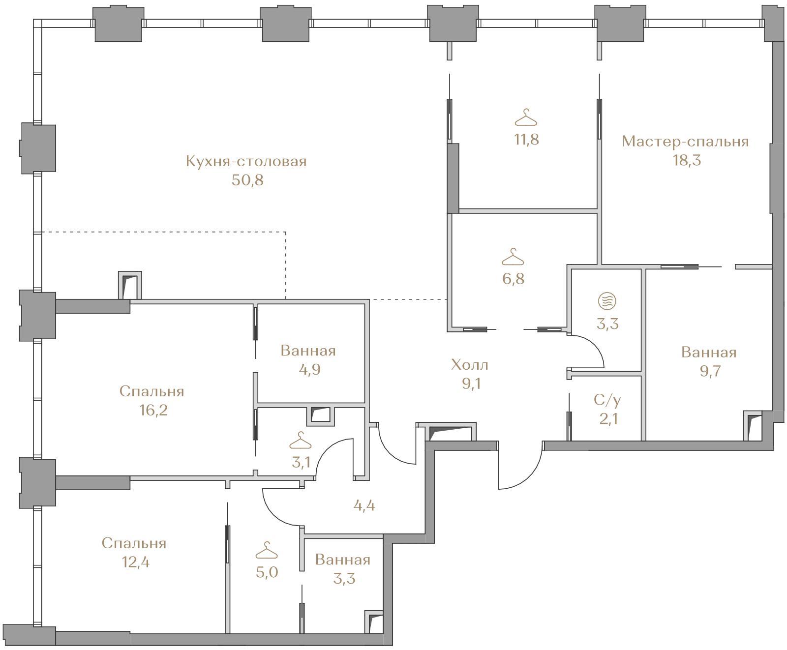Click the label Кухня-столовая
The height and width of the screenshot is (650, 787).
[246, 161]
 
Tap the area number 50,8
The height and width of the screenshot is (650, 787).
[247, 180]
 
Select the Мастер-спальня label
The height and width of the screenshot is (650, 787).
[685, 142]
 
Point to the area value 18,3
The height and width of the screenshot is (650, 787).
[687, 160]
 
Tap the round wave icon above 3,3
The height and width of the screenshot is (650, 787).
[607, 300]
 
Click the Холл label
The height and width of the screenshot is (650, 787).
[470, 365]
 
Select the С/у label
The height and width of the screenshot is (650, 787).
[607, 400]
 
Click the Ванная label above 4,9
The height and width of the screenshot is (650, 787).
[308, 351]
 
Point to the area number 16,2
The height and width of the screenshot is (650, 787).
[153, 410]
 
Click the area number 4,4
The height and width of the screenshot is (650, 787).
[364, 505]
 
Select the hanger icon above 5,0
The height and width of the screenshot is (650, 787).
[267, 550]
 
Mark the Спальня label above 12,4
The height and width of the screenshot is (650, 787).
[134, 544]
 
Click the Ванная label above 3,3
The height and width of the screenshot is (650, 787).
[343, 560]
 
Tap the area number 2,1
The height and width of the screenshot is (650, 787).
[607, 419]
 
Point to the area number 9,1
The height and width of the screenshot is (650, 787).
[471, 384]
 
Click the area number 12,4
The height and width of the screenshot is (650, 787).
[135, 562]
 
